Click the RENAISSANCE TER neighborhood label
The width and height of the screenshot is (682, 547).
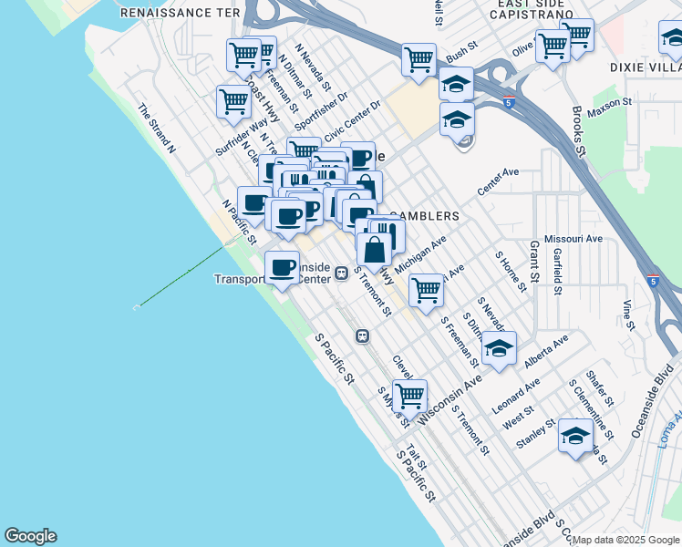click(181, 13)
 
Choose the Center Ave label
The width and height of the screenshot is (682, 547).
click(498, 181)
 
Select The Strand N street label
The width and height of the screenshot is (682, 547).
click(156, 127)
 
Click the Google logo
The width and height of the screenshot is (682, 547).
click(30, 536)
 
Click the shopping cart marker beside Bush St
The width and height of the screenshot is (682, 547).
click(418, 60)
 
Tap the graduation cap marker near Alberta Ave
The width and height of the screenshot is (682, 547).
click(499, 348)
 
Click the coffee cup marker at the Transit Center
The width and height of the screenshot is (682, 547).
click(282, 267)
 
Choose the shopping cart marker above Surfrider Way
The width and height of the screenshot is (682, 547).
click(234, 101)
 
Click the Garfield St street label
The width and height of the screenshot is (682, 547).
click(556, 273)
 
